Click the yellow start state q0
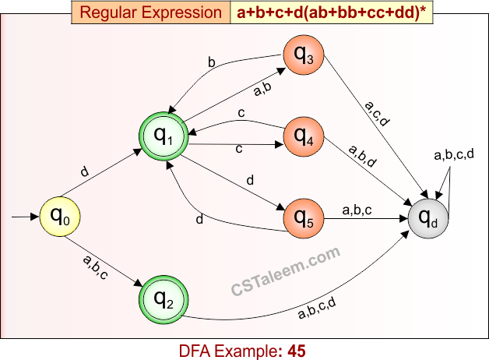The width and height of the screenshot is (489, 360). point(61,214)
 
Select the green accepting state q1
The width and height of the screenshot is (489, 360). point(164,137)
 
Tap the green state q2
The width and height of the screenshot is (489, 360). point(164,298)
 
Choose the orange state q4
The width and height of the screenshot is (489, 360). point(304,137)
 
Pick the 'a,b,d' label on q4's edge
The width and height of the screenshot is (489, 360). point(364,157)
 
